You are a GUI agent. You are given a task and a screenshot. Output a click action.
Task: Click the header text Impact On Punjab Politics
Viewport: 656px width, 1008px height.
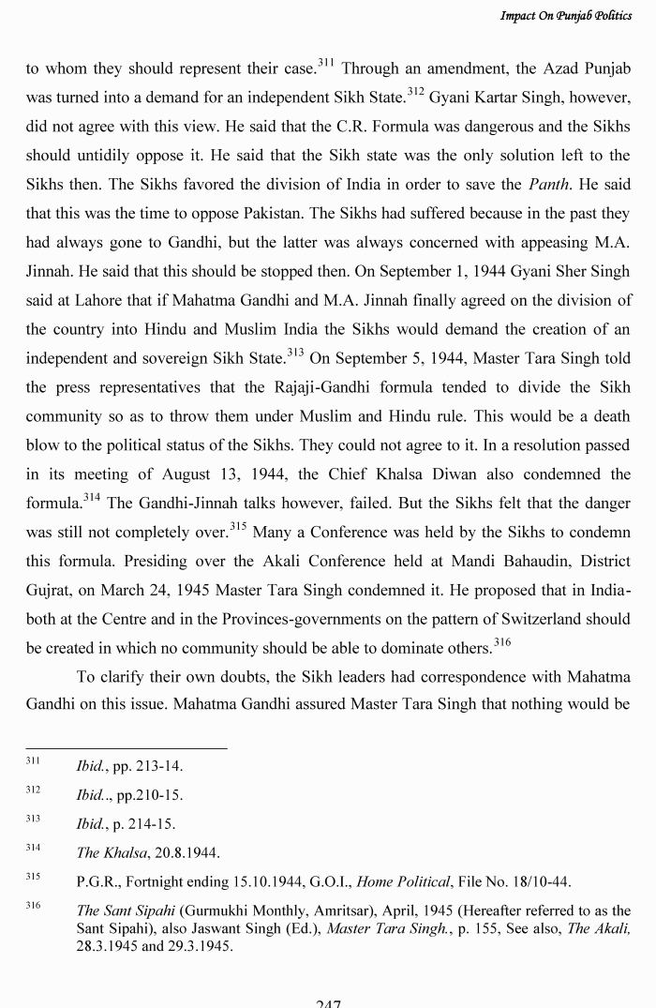tap(567, 16)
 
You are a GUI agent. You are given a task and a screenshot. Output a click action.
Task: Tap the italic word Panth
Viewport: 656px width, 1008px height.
tap(550, 185)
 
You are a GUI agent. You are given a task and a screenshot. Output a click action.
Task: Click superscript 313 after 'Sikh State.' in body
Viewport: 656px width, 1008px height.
tap(297, 353)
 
